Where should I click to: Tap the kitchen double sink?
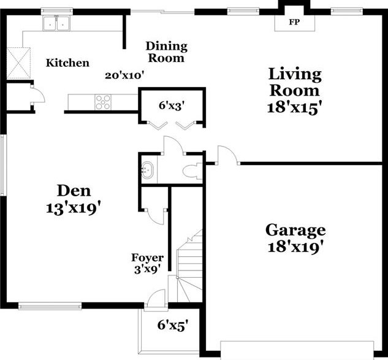click(57, 24)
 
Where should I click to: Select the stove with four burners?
click(103, 102)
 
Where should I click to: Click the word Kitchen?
click(68, 63)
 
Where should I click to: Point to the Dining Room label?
click(166, 52)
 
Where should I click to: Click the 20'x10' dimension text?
click(124, 75)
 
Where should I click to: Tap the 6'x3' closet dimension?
click(172, 105)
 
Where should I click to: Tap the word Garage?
click(295, 231)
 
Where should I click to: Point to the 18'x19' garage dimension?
click(295, 248)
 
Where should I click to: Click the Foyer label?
click(147, 258)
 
